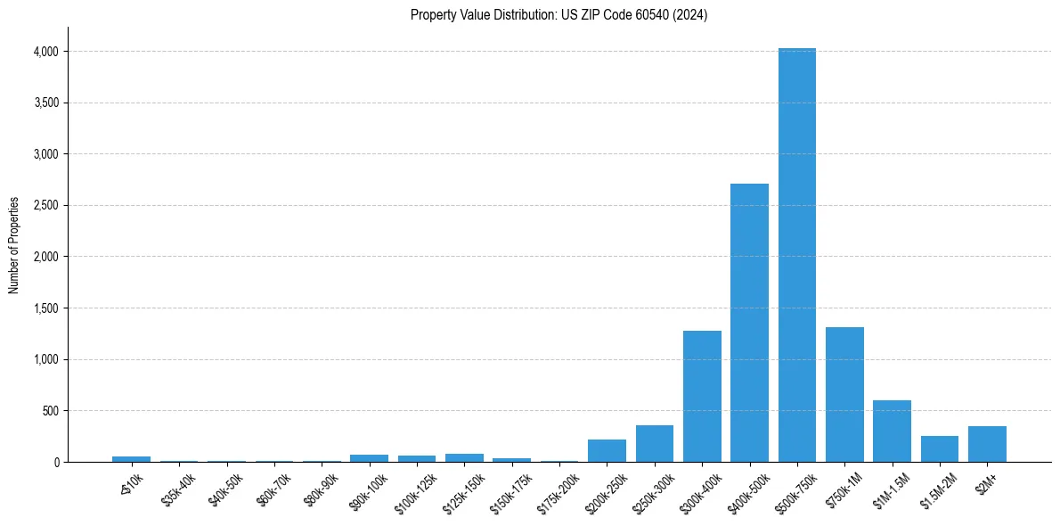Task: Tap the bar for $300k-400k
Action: [702, 397]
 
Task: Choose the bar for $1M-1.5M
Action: [892, 431]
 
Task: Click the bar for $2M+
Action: [987, 444]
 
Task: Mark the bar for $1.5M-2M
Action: [939, 449]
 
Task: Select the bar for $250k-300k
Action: [655, 444]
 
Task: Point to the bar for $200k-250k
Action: [607, 451]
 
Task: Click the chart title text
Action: [559, 15]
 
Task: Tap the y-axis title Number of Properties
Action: [14, 244]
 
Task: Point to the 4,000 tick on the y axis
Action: [45, 52]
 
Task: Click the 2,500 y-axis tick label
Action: [45, 206]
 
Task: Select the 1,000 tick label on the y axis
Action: [45, 360]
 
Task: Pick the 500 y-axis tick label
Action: [50, 411]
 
